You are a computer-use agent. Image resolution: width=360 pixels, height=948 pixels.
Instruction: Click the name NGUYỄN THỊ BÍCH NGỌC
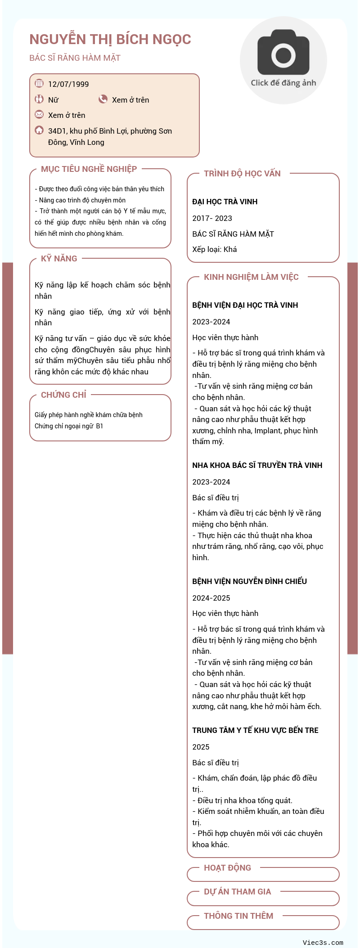pos(110,40)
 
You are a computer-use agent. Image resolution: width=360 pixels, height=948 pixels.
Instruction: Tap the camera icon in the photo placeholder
pos(283,53)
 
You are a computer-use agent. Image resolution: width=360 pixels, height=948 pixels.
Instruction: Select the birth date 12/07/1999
pos(68,84)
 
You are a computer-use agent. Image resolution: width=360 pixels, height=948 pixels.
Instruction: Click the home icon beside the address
pos(39,130)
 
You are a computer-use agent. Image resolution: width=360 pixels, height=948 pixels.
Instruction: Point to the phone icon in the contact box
pos(103,99)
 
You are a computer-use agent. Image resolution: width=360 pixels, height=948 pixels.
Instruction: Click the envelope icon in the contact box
pos(39,115)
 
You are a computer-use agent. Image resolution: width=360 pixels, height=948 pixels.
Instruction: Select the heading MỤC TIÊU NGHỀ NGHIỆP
pos(89,169)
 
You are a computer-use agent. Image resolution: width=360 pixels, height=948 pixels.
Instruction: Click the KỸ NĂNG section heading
pos(59,259)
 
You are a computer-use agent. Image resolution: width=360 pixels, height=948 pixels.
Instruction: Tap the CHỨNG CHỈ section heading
pos(63,395)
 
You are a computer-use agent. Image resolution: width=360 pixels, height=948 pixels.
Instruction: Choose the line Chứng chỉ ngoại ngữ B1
pos(69,426)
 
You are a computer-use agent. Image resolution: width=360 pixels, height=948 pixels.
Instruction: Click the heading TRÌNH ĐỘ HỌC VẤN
pos(242,174)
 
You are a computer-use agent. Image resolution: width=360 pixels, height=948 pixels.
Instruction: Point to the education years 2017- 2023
pos(212,218)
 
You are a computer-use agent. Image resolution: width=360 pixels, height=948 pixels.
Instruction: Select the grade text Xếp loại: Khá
pos(214,249)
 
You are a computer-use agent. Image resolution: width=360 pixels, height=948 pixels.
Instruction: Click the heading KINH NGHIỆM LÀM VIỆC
pos(251,277)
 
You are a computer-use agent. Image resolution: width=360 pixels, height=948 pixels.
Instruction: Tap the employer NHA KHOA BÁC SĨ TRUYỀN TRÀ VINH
pos(257,465)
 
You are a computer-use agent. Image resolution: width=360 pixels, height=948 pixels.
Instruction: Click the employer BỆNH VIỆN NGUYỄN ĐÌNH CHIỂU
pos(249,581)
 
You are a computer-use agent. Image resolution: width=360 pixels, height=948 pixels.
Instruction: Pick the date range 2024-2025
pos(211,598)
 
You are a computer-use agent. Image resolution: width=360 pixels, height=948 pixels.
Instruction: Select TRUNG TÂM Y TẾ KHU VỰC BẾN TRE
pos(255,730)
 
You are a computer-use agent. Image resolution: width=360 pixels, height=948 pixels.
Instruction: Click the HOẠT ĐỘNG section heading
pos(227,868)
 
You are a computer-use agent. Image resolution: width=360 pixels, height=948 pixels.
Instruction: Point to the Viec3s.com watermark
pos(323,943)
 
